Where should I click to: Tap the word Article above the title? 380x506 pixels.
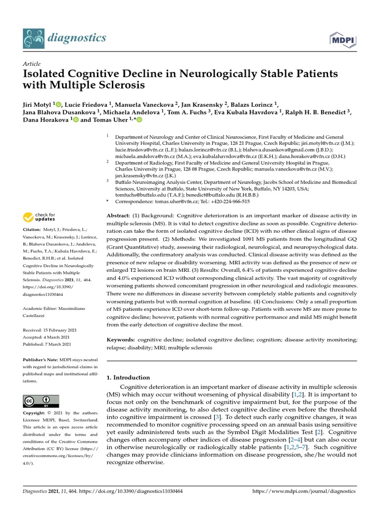coord(32,64)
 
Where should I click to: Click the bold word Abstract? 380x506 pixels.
coord(118,215)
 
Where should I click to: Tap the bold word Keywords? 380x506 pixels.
coord(121,340)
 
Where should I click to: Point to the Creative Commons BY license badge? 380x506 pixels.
coord(41,401)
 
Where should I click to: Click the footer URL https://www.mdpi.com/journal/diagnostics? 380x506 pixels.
coord(304,492)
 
